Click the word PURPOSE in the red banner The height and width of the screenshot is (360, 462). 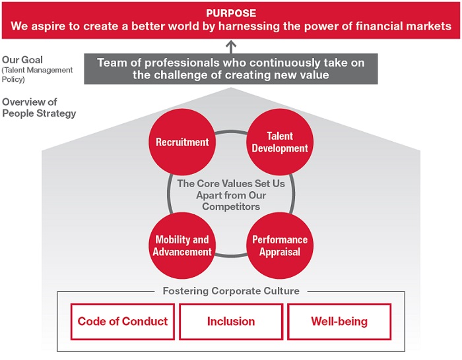point(231,13)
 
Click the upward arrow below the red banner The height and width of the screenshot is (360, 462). point(231,47)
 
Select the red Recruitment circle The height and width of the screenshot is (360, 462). point(182,142)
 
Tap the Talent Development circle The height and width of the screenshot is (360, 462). point(280,142)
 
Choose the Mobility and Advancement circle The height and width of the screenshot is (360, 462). point(182,245)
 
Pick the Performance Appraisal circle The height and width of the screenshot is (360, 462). point(280,245)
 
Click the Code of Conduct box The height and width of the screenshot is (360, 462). point(123,322)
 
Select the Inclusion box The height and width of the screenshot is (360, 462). point(231,322)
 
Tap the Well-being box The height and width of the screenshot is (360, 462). point(339,322)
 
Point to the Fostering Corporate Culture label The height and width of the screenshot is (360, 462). point(231,291)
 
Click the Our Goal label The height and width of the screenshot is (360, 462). point(22,60)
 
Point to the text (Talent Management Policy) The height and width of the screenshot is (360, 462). point(37,75)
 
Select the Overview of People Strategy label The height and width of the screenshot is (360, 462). point(39,107)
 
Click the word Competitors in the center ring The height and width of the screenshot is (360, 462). point(231,206)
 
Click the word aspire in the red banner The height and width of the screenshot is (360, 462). point(48,27)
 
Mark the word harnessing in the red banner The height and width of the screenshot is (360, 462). point(249,26)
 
